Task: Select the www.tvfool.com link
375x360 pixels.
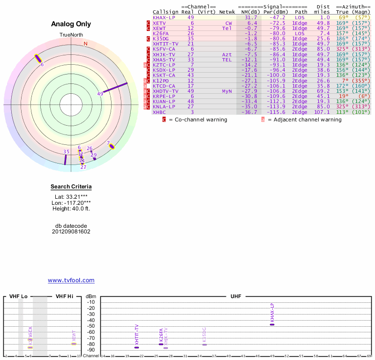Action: coord(71,280)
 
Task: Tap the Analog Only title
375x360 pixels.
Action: coord(71,24)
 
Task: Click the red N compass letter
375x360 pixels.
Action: coord(85,44)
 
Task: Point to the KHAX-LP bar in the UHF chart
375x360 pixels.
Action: coord(272,324)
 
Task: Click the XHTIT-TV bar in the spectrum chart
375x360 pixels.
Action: coord(137,347)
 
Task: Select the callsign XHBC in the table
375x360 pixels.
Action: coord(159,112)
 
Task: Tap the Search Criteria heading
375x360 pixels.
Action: coord(71,187)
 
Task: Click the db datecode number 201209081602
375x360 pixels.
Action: coord(71,232)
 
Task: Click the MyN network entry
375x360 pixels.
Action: coord(227,91)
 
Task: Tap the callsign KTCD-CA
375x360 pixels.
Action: coord(164,86)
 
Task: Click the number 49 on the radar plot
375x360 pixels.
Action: coord(100,94)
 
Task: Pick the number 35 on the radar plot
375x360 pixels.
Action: coord(66,151)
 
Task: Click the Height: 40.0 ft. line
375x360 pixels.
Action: coord(71,209)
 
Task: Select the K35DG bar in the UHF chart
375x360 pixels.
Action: coord(204,345)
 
